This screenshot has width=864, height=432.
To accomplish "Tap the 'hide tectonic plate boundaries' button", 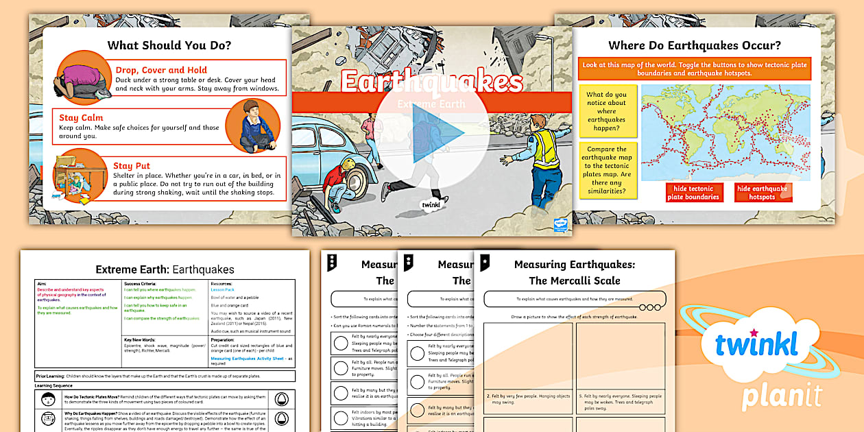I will (694, 193).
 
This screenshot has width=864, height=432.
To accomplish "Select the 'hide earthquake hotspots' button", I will (763, 193).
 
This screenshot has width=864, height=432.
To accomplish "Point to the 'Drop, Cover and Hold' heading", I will (161, 70).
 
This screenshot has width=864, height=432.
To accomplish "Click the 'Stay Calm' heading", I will (81, 117).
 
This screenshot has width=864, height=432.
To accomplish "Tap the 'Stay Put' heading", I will (132, 166).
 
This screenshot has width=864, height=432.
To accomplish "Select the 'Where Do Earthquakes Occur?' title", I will (695, 46).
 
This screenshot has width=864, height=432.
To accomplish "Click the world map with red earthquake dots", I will (725, 132).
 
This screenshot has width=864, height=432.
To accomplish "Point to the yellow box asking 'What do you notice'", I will (607, 112).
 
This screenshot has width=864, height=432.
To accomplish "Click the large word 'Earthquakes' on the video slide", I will (432, 81).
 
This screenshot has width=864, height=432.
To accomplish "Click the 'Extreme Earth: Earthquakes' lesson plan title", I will (165, 269).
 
